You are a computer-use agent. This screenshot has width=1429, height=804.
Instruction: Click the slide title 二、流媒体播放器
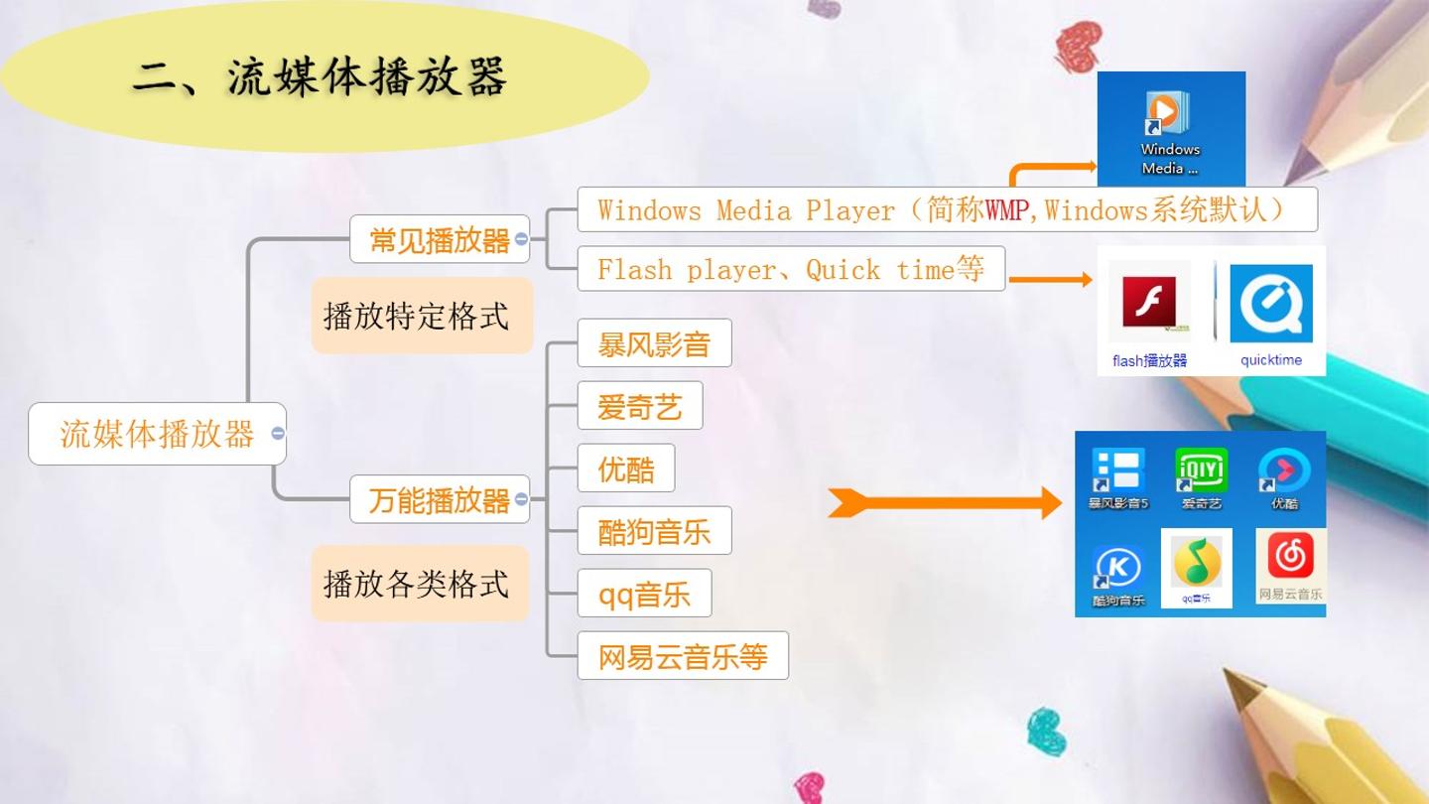320,77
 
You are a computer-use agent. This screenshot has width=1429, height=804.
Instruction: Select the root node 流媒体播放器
157,434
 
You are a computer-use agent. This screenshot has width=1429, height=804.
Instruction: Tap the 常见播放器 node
440,239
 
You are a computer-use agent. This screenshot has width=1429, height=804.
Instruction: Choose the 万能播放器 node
440,499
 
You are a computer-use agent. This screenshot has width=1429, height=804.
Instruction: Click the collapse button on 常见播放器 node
521,238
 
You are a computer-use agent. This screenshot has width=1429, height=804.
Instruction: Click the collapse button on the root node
278,433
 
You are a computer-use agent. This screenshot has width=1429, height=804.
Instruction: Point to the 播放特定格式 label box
422,316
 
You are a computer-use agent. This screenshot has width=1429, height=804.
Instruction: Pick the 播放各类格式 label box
421,584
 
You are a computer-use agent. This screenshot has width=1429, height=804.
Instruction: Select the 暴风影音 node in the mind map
655,343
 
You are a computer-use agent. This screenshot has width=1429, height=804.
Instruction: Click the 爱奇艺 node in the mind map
640,406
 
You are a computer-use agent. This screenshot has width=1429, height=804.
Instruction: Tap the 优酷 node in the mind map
626,469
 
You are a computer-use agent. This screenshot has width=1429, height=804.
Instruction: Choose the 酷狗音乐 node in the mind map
655,531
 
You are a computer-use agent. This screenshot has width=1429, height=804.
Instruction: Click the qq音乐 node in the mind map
644,594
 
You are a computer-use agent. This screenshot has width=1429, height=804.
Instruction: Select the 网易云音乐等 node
683,656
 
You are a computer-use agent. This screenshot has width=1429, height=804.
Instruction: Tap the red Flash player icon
1149,302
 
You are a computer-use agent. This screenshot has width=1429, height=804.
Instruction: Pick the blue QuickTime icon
1271,304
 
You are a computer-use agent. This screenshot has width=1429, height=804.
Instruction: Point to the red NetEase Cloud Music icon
1290,555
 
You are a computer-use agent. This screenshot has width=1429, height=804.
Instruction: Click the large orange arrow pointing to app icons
945,503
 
